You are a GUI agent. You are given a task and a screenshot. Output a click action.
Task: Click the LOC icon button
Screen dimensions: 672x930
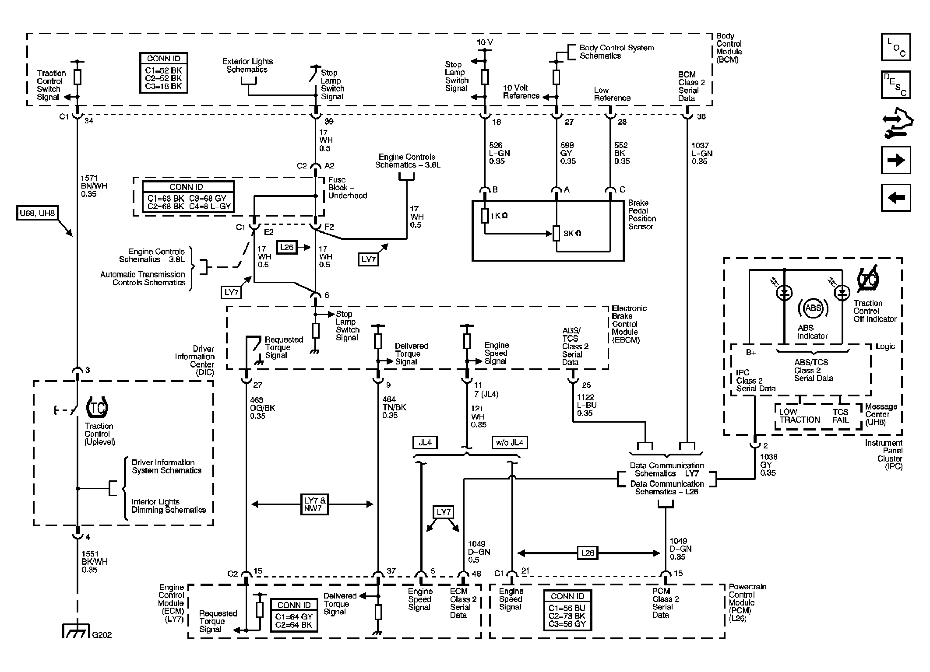click(895, 47)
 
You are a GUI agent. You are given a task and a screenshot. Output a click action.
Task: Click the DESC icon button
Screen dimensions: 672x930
click(895, 85)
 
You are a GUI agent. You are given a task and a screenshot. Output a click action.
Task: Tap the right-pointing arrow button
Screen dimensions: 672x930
click(895, 160)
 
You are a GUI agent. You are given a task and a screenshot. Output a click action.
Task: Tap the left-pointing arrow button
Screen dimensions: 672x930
click(895, 198)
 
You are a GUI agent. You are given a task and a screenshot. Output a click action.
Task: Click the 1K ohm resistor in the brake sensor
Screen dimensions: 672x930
click(485, 216)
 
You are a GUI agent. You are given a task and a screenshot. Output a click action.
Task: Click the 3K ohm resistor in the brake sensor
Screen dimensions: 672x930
click(556, 233)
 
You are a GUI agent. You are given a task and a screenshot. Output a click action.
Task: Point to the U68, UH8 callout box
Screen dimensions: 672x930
click(37, 213)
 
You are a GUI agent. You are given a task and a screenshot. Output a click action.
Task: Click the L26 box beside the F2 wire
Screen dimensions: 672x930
click(287, 248)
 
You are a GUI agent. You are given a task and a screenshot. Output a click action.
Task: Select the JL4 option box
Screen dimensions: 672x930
click(425, 442)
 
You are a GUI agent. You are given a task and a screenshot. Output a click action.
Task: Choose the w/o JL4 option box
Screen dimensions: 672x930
click(509, 442)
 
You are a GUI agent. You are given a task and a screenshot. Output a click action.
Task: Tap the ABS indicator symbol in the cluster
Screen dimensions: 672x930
click(813, 308)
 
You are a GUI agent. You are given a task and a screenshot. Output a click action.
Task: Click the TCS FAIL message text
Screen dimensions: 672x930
click(840, 416)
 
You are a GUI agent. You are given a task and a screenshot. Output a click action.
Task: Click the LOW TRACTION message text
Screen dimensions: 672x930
click(799, 416)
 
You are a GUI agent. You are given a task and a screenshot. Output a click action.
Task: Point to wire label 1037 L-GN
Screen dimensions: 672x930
click(702, 153)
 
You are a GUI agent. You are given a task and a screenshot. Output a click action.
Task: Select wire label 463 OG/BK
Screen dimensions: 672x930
click(262, 408)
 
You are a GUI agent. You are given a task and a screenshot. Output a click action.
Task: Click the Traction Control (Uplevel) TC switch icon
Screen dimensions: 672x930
click(97, 408)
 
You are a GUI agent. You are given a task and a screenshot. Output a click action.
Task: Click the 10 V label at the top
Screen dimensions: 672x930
click(485, 42)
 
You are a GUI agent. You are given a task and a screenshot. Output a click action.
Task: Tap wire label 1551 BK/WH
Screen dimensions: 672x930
click(94, 562)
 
